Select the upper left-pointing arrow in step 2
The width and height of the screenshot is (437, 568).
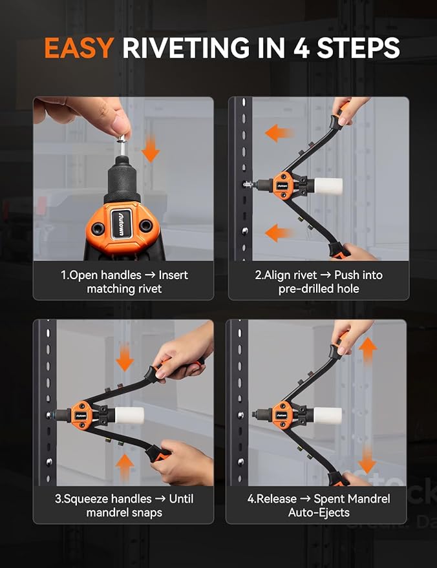(279, 134)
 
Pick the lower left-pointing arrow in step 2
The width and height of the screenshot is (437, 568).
(279, 232)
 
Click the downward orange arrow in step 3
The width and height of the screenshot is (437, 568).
(125, 358)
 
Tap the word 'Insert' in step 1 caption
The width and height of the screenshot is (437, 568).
(173, 275)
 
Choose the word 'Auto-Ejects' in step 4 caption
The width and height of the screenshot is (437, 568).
(319, 512)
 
